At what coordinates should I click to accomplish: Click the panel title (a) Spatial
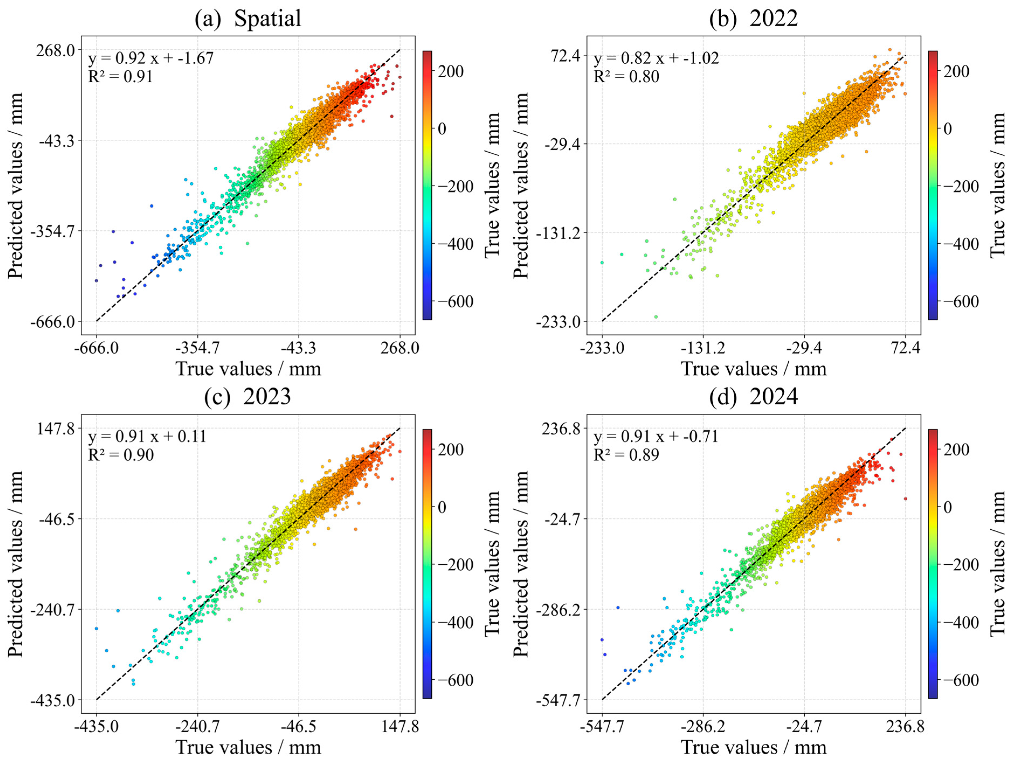248,19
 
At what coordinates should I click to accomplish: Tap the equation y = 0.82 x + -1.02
656,58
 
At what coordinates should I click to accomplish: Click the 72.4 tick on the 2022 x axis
905,348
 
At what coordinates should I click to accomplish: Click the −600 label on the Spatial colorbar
455,302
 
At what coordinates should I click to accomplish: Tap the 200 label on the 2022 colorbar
956,72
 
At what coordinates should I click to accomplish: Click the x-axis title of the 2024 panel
753,747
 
